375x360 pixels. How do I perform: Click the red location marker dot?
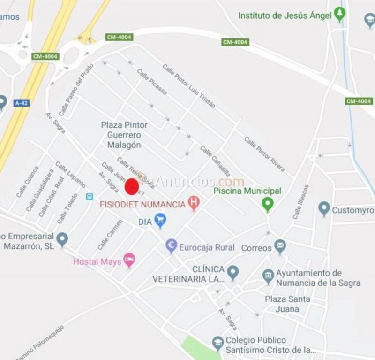click(132, 187)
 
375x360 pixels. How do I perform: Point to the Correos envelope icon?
click(280, 246)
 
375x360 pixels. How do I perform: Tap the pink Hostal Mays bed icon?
click(129, 260)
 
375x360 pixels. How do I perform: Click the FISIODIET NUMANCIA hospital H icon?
click(193, 203)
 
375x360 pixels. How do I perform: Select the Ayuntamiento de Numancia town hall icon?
click(268, 276)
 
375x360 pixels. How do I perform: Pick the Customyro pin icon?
click(324, 209)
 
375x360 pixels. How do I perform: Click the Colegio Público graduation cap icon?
click(217, 343)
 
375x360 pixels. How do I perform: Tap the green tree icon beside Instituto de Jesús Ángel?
click(340, 15)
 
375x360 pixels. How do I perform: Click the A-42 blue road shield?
click(22, 103)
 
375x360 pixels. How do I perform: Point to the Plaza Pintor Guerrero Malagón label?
click(124, 135)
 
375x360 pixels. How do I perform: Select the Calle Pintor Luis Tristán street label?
click(189, 86)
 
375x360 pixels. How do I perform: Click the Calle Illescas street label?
click(301, 201)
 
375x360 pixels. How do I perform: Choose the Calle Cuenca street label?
click(28, 182)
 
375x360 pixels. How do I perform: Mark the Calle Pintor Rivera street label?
click(264, 151)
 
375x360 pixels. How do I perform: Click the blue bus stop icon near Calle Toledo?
click(89, 196)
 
